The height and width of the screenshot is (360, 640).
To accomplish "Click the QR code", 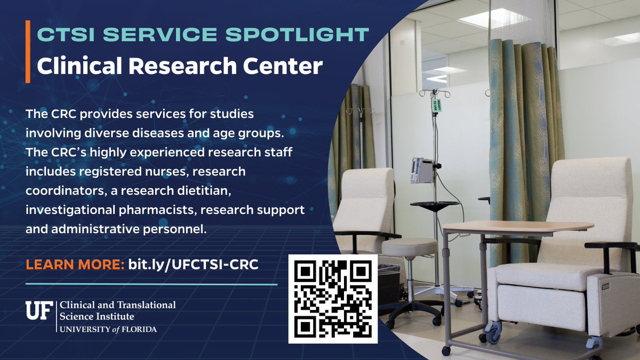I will pyautogui.click(x=333, y=299).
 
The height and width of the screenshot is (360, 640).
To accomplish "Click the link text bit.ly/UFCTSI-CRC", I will pyautogui.click(x=194, y=265).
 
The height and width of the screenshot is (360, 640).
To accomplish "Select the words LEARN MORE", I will pyautogui.click(x=75, y=265).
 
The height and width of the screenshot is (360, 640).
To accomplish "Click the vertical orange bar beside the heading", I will pyautogui.click(x=27, y=51).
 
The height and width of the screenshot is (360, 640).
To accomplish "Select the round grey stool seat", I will pyautogui.click(x=409, y=246).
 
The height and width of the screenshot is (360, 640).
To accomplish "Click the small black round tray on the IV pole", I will pyautogui.click(x=435, y=204).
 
